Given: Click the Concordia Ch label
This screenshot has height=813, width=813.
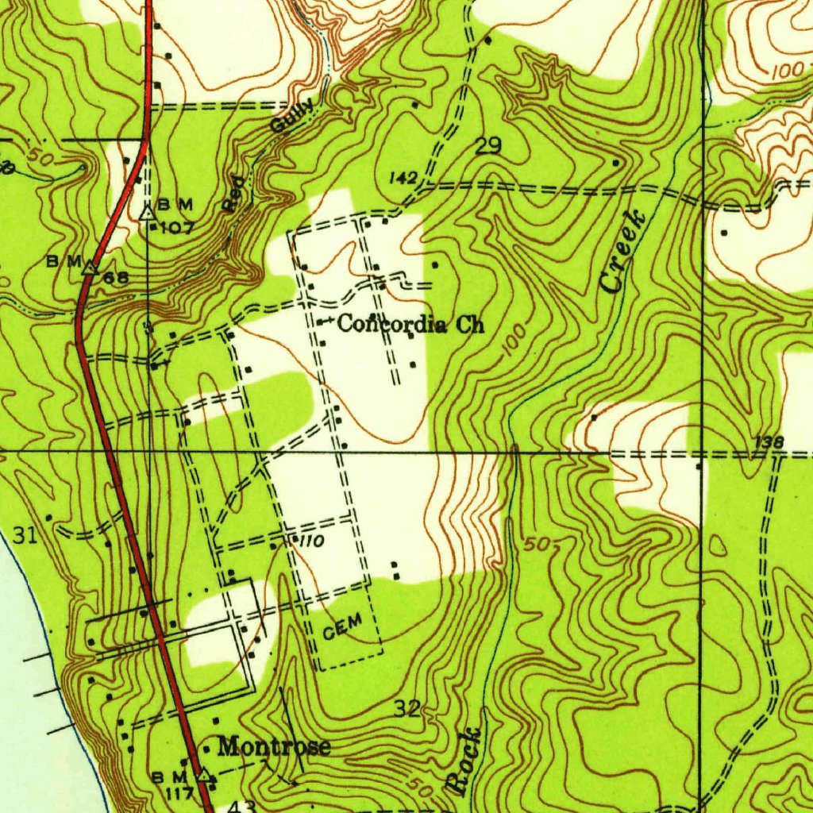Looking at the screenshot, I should tap(410, 324).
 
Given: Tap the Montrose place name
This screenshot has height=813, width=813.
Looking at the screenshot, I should tap(274, 746).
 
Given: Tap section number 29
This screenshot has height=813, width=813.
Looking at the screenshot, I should tap(488, 145).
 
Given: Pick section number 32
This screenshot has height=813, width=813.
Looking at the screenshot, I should tap(407, 709).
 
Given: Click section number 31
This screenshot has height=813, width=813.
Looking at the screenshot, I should tap(25, 536).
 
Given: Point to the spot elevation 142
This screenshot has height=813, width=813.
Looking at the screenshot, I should tap(403, 179).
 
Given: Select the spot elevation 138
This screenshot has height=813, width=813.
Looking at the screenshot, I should tap(769, 442).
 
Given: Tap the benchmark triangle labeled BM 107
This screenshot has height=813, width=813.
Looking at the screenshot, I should tap(147, 212).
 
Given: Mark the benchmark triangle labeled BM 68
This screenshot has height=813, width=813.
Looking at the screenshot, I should tap(90, 268).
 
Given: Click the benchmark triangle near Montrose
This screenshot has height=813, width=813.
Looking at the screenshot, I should tap(204, 773).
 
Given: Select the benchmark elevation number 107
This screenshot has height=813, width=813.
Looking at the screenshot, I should tap(177, 228).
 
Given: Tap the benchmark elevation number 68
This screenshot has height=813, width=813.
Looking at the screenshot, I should tap(115, 278).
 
